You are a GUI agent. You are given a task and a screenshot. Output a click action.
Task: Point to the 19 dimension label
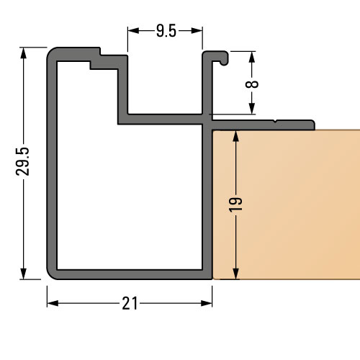coord(235,203)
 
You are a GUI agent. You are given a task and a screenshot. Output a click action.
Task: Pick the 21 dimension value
coord(130,304)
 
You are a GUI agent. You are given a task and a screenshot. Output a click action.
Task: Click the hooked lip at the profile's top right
coord(220,56)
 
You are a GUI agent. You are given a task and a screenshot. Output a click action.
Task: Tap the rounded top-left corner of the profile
coord(55,55)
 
